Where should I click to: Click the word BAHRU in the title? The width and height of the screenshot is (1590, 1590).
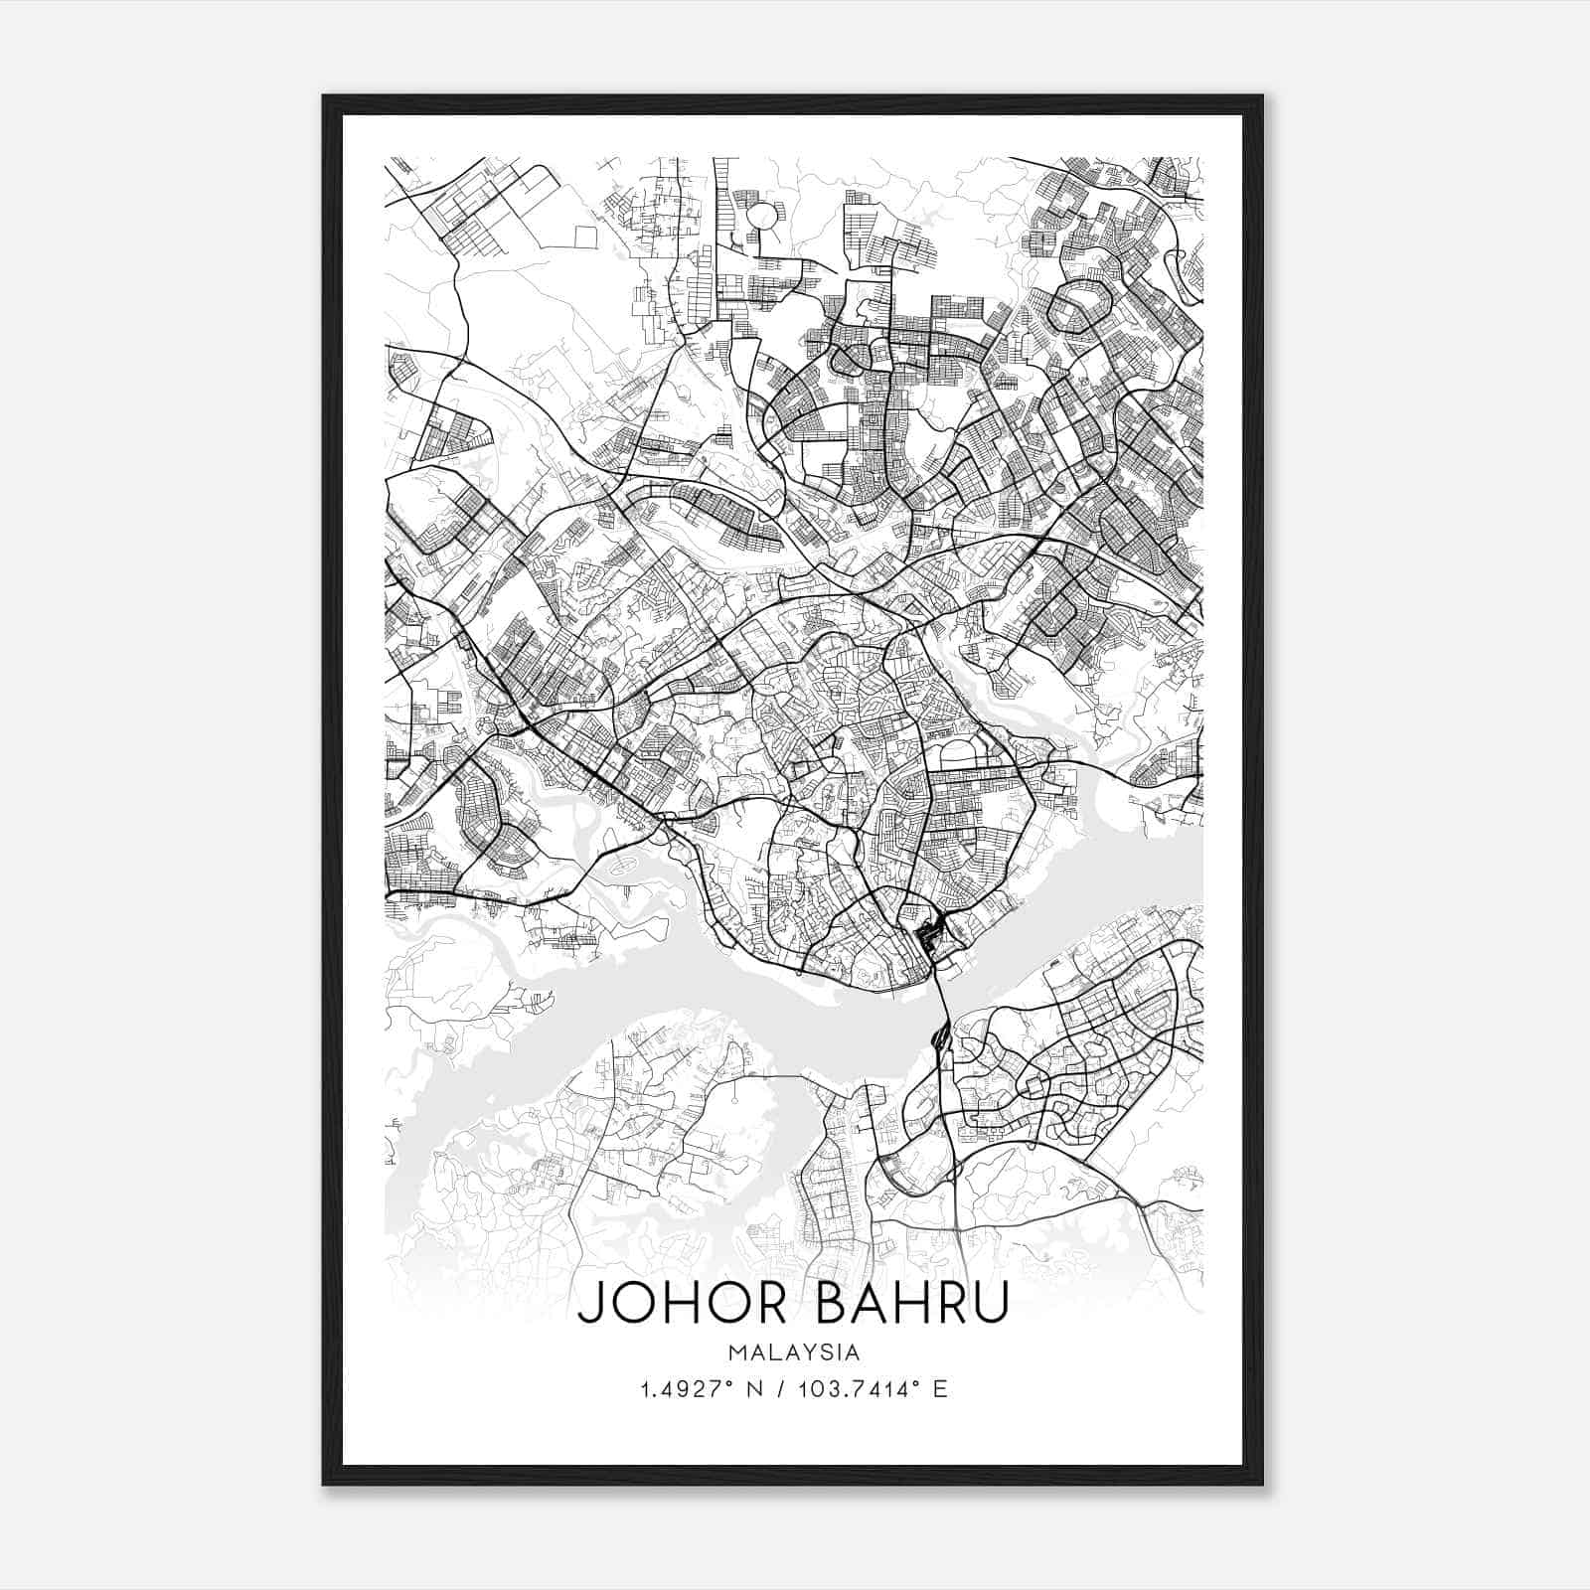tap(911, 1303)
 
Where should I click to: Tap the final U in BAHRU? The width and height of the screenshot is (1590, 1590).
tap(989, 1303)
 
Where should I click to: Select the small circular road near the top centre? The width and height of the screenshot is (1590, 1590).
tap(761, 216)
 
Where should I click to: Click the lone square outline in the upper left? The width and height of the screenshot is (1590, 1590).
tap(584, 237)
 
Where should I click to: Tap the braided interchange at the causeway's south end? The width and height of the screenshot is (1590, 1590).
tap(939, 1038)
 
